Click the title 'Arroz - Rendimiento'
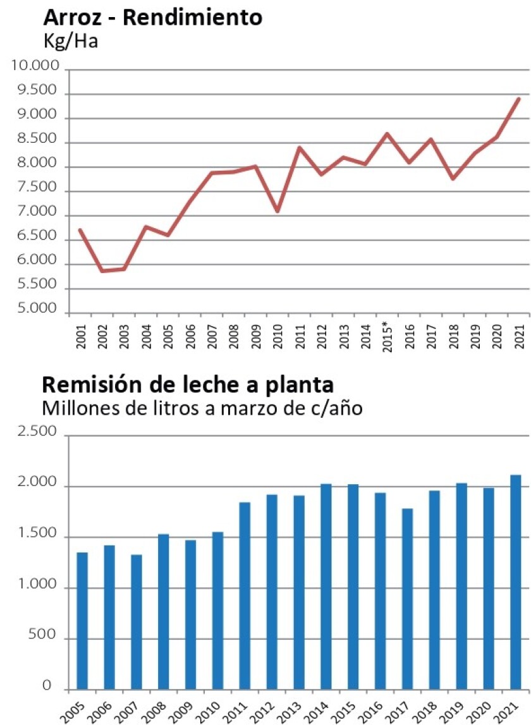pos(152,17)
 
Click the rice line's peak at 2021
pos(519,98)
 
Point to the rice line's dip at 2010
pos(278,211)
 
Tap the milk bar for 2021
pos(516,582)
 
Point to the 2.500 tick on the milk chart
pos(40,434)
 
